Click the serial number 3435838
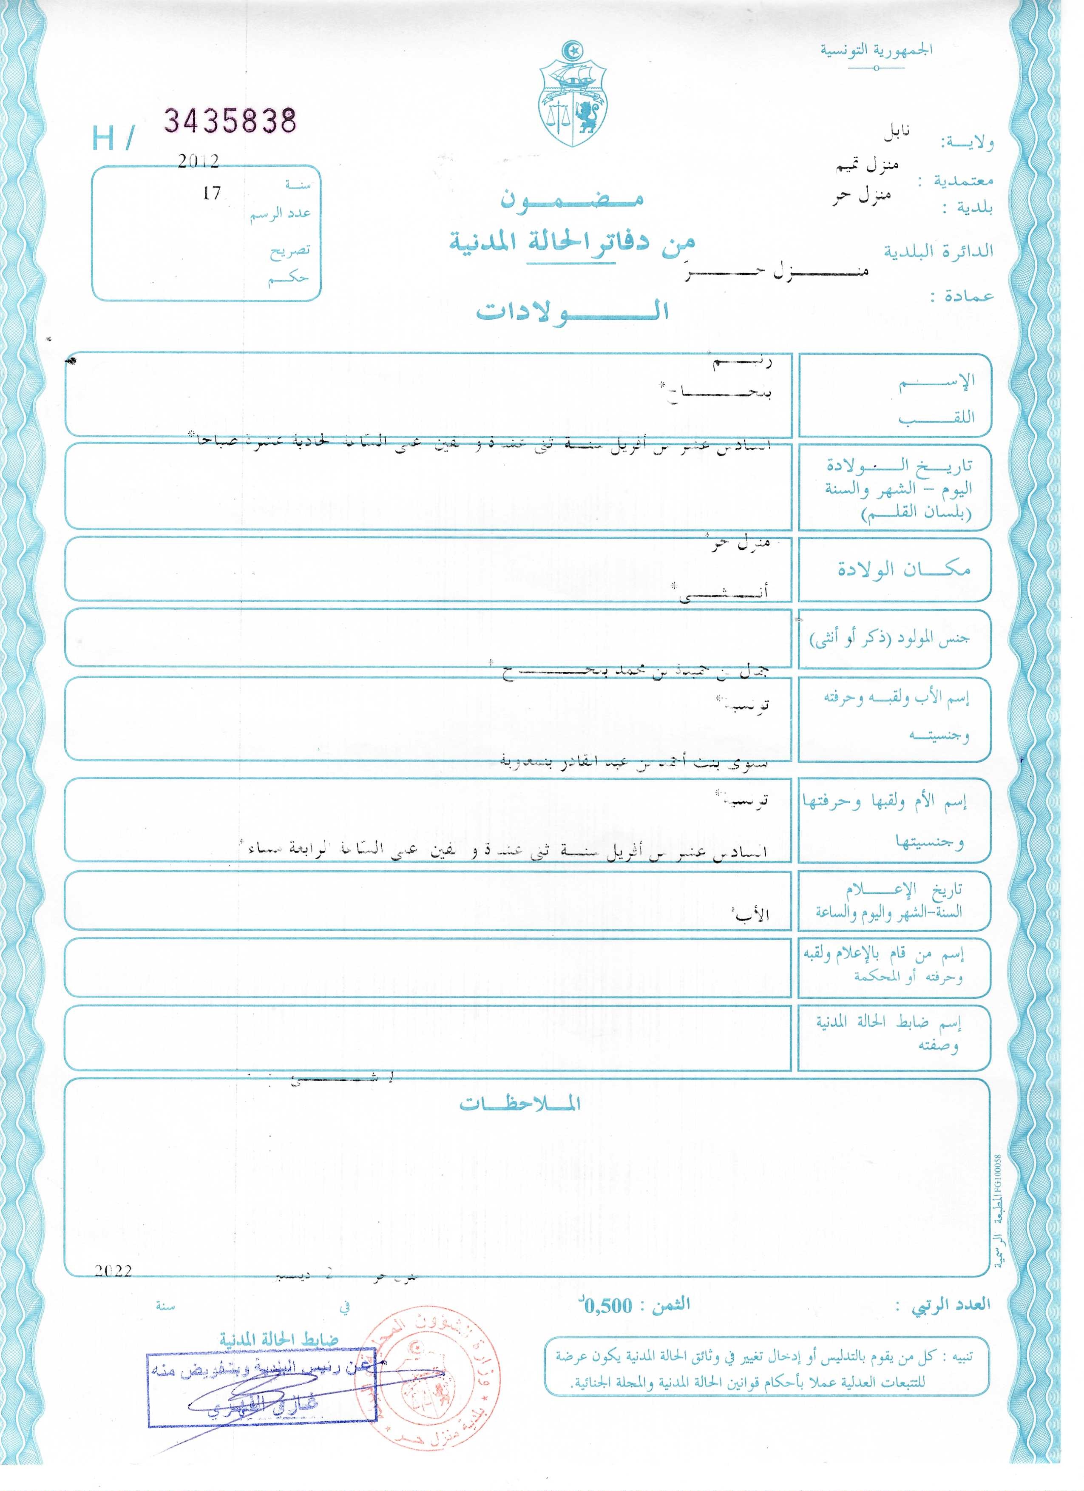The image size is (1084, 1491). [230, 121]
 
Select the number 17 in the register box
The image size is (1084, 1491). [212, 193]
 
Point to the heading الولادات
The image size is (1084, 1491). [572, 310]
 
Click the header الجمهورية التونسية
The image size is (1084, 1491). [876, 50]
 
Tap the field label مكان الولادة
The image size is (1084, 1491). [903, 569]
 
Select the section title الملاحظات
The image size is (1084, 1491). [519, 1104]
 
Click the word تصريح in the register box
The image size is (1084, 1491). [289, 250]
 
